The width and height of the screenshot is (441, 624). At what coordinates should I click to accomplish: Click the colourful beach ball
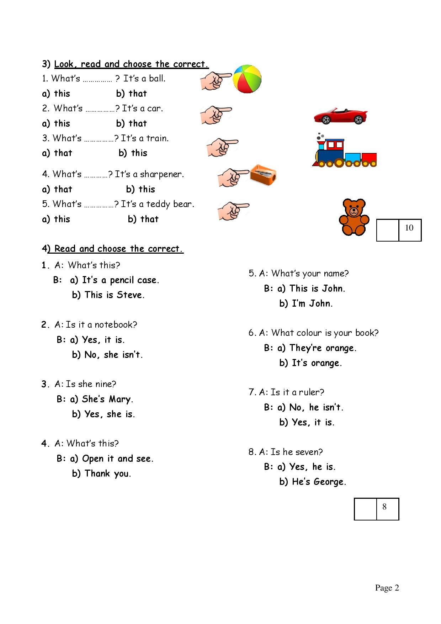(247, 79)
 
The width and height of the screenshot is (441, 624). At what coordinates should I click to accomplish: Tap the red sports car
(340, 116)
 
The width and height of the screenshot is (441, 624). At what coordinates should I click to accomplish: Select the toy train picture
(344, 151)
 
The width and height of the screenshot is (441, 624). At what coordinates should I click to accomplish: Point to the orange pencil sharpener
(264, 175)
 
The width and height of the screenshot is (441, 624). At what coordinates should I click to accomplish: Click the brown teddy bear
(353, 217)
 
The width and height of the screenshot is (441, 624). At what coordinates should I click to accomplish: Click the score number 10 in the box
(409, 228)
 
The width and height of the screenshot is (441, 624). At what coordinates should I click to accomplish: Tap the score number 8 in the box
(384, 507)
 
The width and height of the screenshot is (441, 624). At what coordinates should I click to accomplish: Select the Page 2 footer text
(387, 588)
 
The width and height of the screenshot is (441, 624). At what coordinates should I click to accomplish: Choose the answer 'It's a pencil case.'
(120, 280)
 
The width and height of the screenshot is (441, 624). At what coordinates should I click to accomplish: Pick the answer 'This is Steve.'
(114, 295)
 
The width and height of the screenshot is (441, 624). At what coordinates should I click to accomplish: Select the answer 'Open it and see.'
(117, 459)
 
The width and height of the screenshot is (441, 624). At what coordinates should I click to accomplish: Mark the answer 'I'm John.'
(312, 304)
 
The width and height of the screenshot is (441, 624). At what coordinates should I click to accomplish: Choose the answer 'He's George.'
(319, 482)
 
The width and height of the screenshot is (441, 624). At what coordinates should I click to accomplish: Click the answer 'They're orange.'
(323, 348)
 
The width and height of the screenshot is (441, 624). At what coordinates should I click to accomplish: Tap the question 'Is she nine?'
(91, 384)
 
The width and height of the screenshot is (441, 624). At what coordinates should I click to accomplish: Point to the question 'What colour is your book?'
(325, 333)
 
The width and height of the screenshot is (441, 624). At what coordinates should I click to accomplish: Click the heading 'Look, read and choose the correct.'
(131, 64)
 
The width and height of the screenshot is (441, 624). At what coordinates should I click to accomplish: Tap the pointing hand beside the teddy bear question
(233, 210)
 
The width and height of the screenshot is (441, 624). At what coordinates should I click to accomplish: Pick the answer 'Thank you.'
(107, 474)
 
